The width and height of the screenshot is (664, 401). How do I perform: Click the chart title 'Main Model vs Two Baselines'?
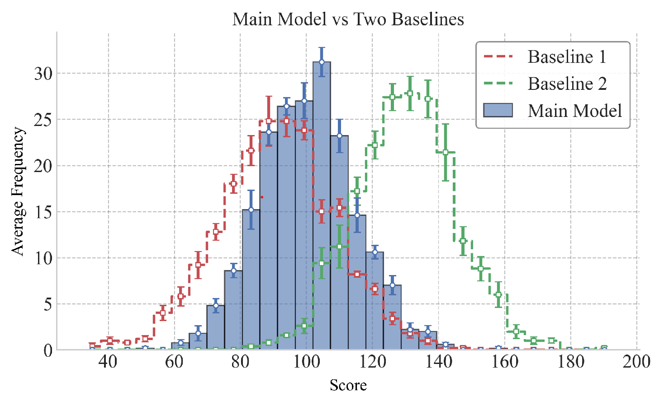pos(348,19)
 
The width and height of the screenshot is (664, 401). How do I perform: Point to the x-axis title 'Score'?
pos(348,385)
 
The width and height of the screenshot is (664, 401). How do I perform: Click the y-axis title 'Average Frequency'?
pos(18,191)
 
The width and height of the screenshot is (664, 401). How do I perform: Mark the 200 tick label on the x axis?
pos(636,362)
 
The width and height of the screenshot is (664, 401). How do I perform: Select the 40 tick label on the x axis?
pos(108,362)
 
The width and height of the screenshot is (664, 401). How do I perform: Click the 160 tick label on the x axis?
pos(504,362)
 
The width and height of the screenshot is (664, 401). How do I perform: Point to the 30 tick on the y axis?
pos(43,74)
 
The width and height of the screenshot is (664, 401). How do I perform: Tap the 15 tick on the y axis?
pos(43,212)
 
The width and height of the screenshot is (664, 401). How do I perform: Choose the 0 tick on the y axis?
pos(48,350)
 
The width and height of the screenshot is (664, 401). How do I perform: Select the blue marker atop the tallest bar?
pos(322,62)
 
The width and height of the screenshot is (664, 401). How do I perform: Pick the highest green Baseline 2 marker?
pos(410,93)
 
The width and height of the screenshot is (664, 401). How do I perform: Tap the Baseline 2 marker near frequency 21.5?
pos(446,152)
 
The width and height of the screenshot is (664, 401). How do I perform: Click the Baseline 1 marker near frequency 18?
pos(233,184)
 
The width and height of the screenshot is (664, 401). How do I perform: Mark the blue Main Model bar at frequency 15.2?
pos(251,280)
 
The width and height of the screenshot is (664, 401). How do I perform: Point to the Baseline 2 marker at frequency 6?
pos(498,294)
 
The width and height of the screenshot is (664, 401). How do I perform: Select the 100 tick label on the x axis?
pos(306,362)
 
